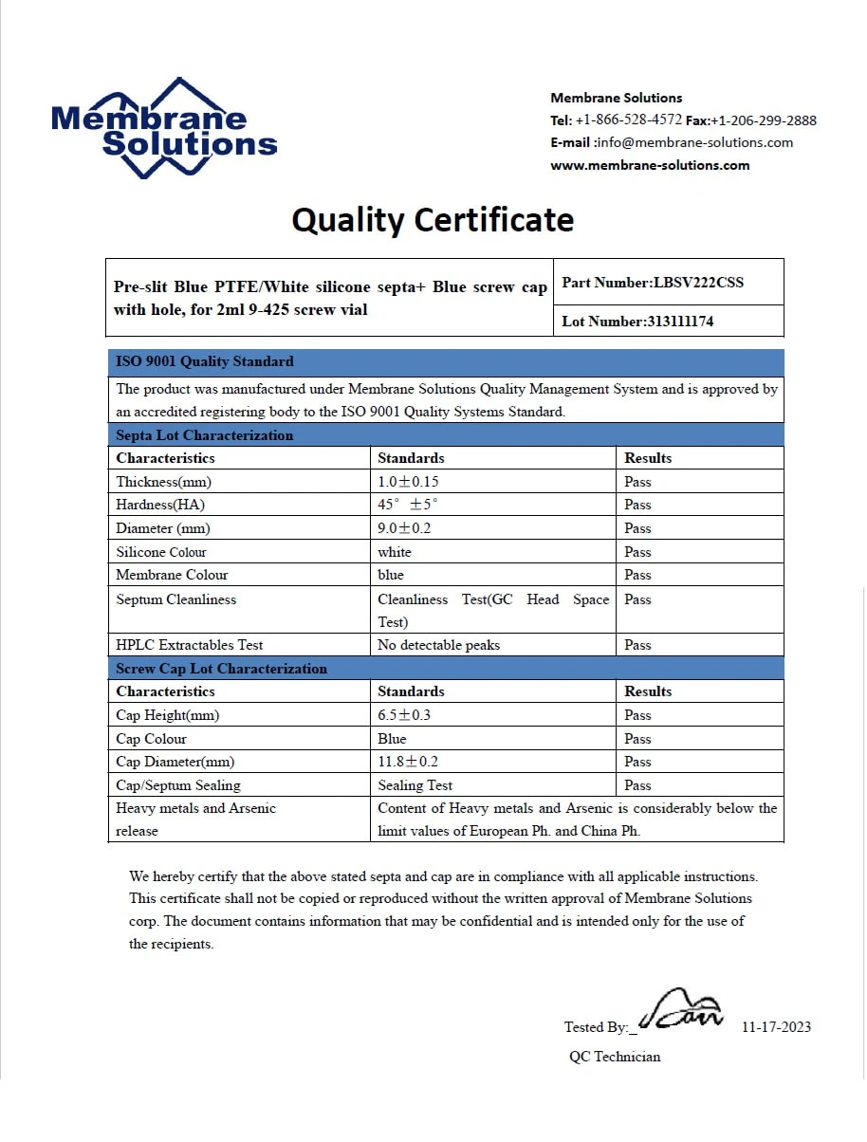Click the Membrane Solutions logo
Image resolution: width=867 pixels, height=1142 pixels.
click(x=163, y=128)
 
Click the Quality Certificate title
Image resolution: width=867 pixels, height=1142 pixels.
click(x=433, y=220)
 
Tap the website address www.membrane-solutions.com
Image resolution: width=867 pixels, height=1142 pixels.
click(x=650, y=165)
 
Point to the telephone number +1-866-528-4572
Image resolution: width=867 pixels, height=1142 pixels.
click(x=628, y=120)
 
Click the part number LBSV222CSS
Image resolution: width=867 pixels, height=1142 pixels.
click(x=698, y=283)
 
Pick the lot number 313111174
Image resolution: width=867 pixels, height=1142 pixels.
click(x=679, y=322)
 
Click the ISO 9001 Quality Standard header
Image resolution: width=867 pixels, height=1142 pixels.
click(x=205, y=361)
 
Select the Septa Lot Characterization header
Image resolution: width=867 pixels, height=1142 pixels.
click(x=205, y=435)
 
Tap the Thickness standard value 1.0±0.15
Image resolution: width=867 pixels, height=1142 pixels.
click(x=409, y=482)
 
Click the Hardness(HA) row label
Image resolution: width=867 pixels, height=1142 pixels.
click(x=160, y=505)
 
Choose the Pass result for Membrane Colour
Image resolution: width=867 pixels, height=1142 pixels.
click(x=637, y=575)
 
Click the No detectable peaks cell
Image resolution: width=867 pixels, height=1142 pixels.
click(x=438, y=645)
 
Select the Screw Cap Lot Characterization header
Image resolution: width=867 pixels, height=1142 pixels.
click(x=221, y=669)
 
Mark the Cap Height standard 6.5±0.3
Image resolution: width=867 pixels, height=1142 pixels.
click(x=404, y=715)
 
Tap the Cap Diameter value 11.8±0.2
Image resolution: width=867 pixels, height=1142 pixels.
click(x=408, y=762)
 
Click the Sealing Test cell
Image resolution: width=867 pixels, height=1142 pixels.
click(x=415, y=785)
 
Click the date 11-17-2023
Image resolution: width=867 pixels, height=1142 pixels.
click(x=776, y=1027)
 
